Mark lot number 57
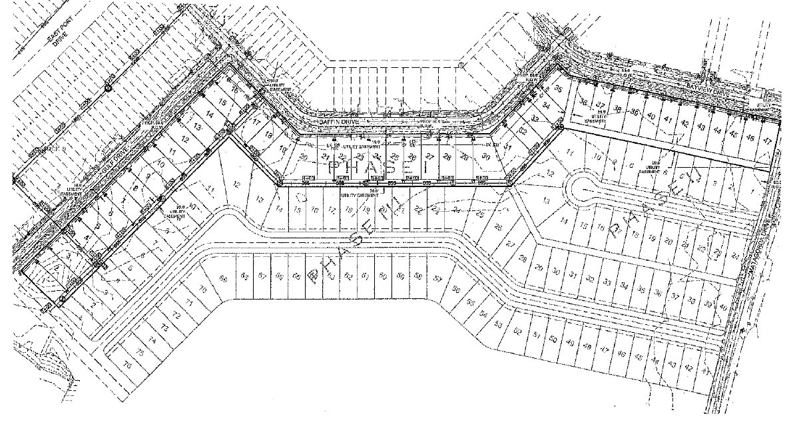(437, 278)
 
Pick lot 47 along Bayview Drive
(768, 140)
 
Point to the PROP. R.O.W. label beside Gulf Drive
(152, 124)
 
